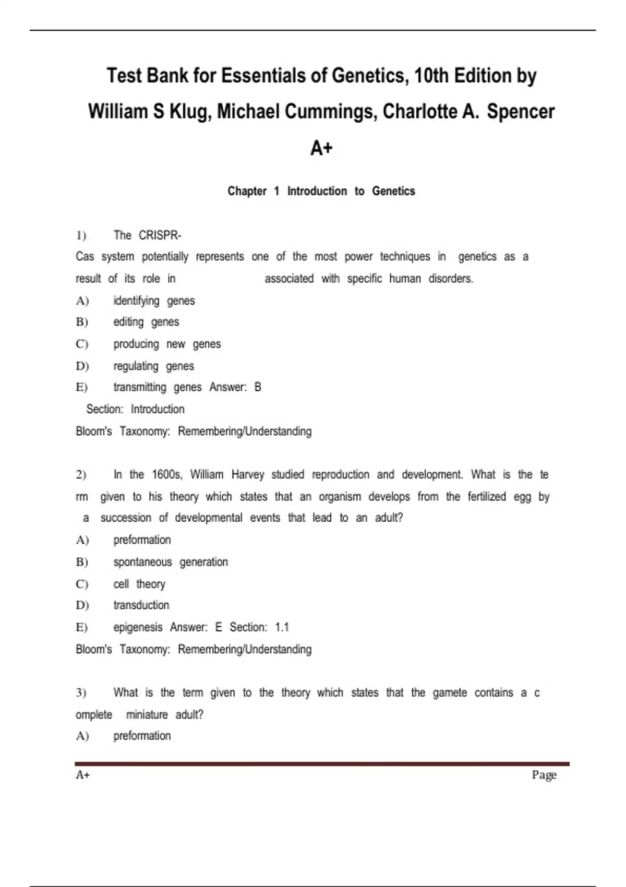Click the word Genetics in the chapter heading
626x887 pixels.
(x=393, y=191)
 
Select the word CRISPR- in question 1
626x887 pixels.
(x=160, y=235)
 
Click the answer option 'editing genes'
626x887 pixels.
(x=146, y=322)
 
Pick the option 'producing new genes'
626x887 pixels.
(x=167, y=344)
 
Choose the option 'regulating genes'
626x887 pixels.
(x=153, y=366)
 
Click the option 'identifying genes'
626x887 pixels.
(x=154, y=301)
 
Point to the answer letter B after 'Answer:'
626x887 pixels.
(x=258, y=387)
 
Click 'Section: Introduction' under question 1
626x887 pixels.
(x=135, y=409)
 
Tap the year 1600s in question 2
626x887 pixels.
(x=167, y=475)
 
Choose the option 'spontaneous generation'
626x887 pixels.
(x=171, y=562)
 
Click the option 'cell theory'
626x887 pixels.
(x=139, y=584)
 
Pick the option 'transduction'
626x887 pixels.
(x=141, y=605)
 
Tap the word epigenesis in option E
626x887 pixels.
(x=138, y=627)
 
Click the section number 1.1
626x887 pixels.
(x=282, y=627)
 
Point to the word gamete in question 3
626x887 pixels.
(x=450, y=693)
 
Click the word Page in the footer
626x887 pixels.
(x=544, y=775)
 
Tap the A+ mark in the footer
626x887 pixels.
(x=83, y=775)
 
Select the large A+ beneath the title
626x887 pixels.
(x=321, y=149)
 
